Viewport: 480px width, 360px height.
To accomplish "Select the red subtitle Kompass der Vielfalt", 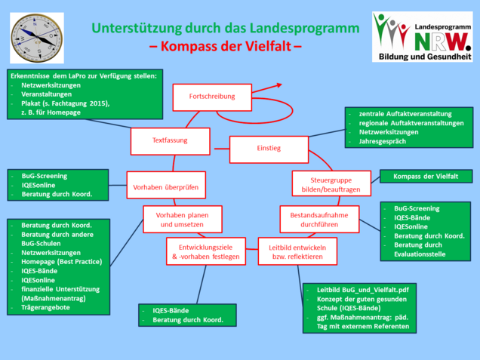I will point(225,46).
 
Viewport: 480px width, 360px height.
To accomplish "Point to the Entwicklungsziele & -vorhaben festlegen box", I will point(204,251).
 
